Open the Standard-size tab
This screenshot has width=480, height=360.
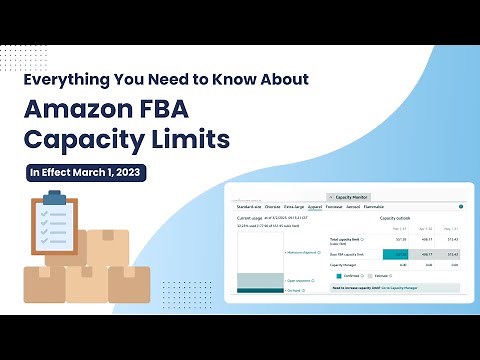[249, 207]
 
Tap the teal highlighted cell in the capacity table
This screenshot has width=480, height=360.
[395, 254]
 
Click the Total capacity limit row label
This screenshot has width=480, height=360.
[345, 240]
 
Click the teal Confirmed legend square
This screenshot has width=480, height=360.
[340, 275]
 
